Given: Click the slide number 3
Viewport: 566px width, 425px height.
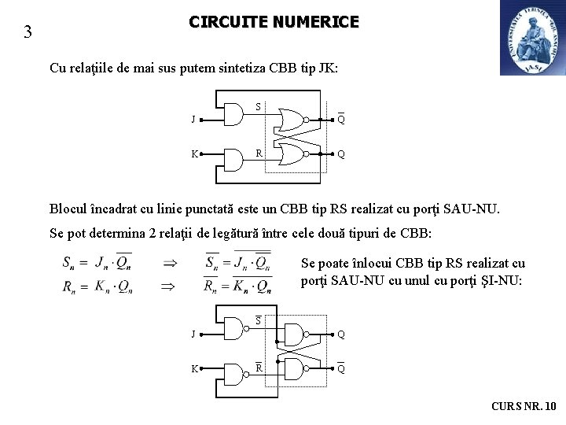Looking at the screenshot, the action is click(x=28, y=32).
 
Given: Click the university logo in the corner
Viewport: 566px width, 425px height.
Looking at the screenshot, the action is click(x=532, y=38).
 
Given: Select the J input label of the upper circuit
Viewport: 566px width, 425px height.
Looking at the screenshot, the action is click(x=193, y=120).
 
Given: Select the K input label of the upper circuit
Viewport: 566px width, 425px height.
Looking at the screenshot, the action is click(x=193, y=154).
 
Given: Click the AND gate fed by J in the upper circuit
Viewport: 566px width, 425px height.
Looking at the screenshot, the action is click(x=233, y=115).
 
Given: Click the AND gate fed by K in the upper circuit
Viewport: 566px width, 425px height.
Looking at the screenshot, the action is click(x=233, y=160).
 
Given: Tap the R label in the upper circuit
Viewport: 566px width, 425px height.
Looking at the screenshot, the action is click(x=258, y=153).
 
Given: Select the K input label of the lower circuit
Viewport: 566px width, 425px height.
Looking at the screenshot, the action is click(x=193, y=368).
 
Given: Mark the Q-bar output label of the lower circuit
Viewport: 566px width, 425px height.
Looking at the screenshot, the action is click(x=341, y=368).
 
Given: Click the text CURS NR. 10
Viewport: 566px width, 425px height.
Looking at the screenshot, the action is click(x=524, y=406).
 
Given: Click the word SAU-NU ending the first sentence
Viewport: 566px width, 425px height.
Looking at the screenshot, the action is click(x=470, y=209).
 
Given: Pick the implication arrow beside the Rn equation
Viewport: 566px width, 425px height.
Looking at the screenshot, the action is click(x=168, y=286).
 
